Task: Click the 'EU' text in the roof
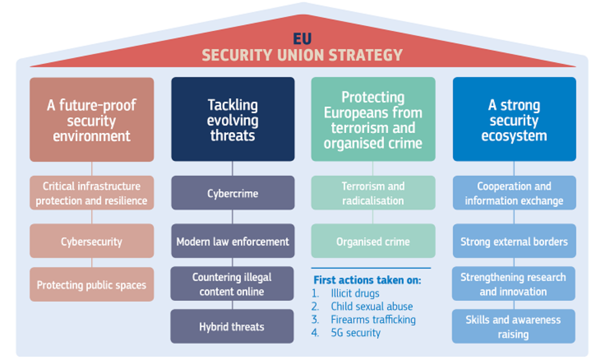(302, 38)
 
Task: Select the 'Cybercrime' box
(233, 193)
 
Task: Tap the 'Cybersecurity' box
(92, 241)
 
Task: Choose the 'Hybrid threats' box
(232, 327)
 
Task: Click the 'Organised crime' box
(373, 241)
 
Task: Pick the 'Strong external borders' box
(515, 241)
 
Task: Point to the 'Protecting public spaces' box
(92, 284)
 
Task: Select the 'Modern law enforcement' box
(233, 241)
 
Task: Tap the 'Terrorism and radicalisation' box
(373, 193)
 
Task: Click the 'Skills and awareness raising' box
(513, 327)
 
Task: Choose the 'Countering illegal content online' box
(232, 284)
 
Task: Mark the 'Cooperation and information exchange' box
(515, 193)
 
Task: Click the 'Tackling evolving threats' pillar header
(233, 119)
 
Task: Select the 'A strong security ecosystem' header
(515, 119)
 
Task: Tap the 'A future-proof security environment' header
(92, 119)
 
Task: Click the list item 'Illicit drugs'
(355, 293)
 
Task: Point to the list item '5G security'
(356, 333)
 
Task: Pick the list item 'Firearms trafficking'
(373, 319)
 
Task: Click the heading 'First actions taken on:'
(367, 280)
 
